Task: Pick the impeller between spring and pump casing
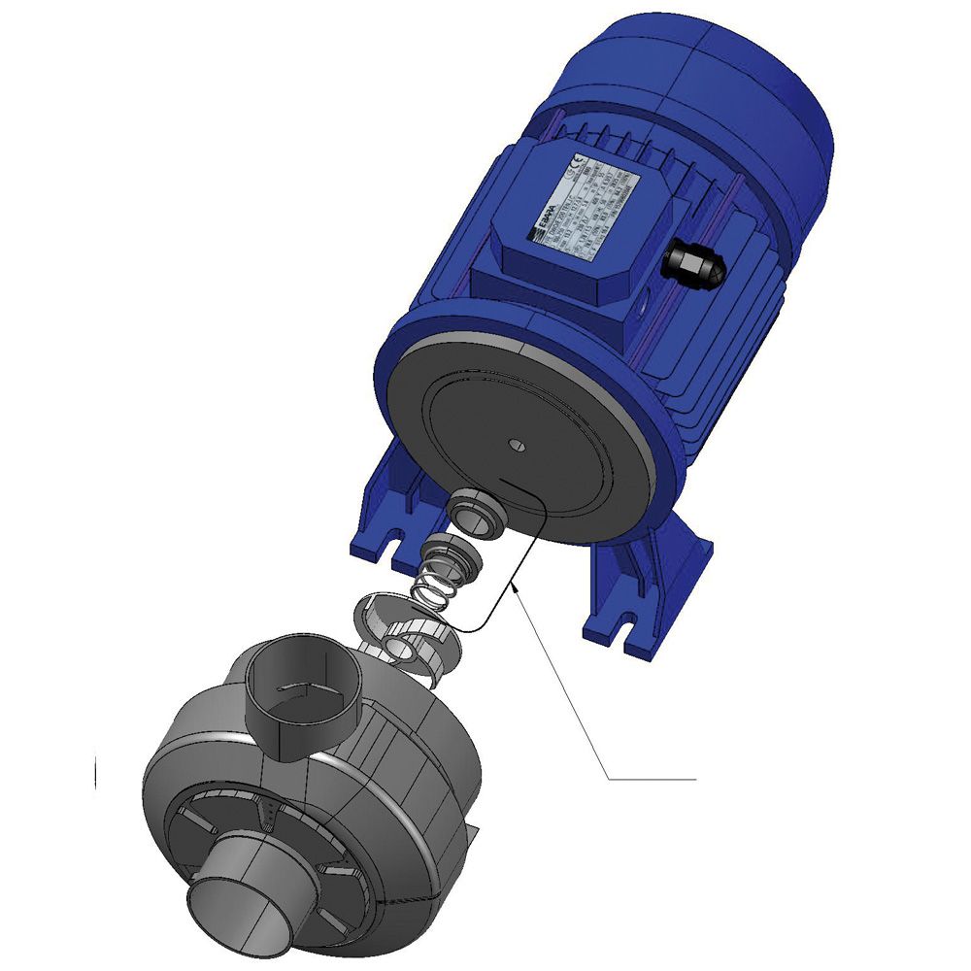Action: point(402,631)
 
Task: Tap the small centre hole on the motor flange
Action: point(516,446)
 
